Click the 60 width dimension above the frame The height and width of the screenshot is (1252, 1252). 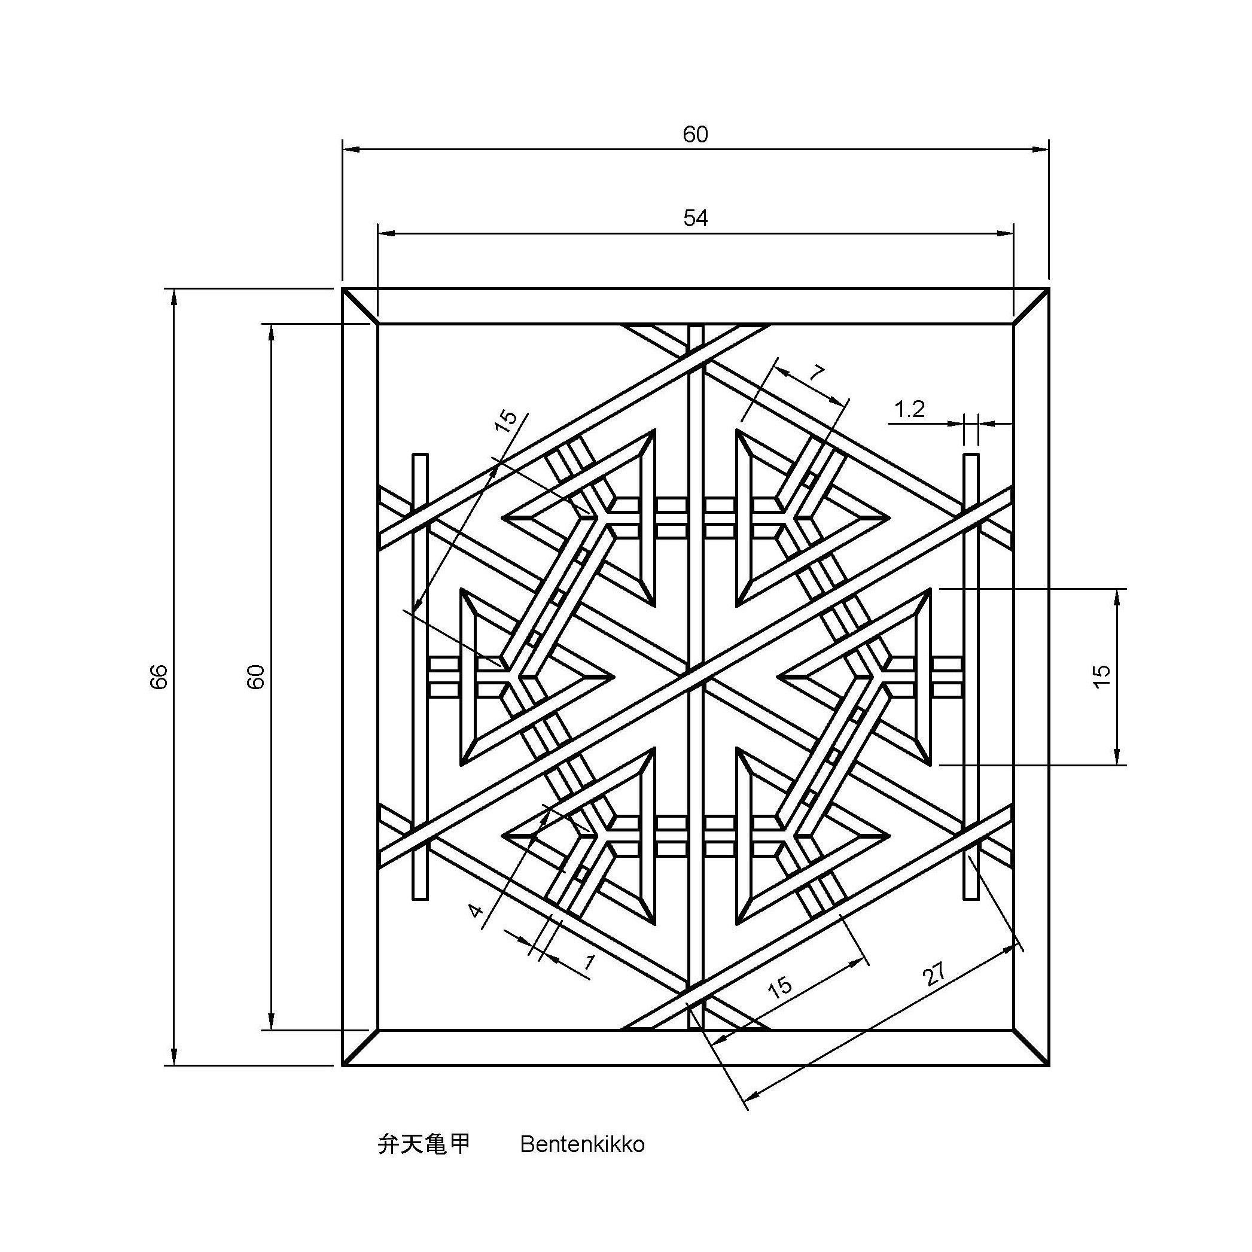(695, 135)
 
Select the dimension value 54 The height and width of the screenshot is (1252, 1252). (695, 218)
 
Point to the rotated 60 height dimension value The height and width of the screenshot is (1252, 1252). (257, 677)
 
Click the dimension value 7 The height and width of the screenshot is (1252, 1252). (818, 373)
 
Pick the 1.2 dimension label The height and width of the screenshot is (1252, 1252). (909, 410)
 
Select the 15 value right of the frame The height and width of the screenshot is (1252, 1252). (1102, 677)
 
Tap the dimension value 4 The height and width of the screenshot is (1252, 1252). (476, 910)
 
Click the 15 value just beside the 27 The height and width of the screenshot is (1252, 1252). (780, 986)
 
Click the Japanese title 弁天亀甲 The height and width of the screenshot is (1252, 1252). (424, 1144)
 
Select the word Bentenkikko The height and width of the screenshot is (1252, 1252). (582, 1145)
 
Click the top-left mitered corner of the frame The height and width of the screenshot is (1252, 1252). (360, 306)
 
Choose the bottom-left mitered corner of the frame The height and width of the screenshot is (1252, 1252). (360, 1047)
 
